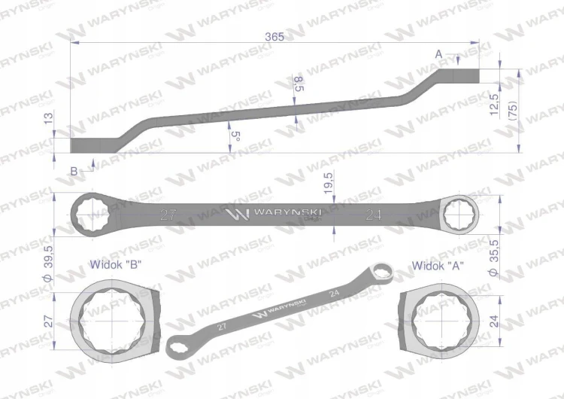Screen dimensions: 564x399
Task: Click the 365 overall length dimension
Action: pos(274,36)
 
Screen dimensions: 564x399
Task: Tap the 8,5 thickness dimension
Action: pos(299,84)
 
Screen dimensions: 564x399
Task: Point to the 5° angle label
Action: pos(235,136)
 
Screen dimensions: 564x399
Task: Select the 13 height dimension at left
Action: pos(48,118)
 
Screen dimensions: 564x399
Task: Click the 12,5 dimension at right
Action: pos(494,105)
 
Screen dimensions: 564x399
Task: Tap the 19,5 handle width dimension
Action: pos(329,183)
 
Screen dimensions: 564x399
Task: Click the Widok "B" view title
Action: pos(116,265)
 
